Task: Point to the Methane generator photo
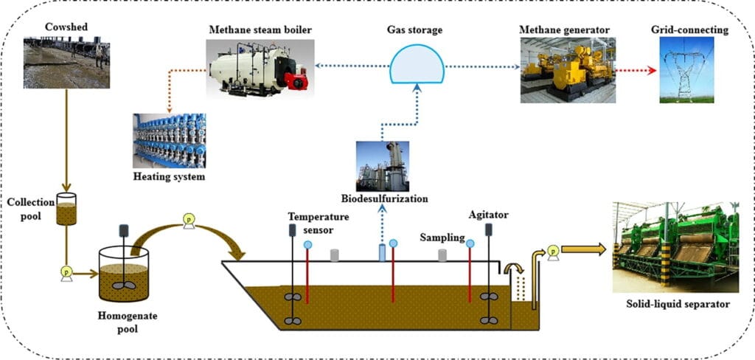(567, 69)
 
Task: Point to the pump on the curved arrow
(189, 219)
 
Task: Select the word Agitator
(488, 215)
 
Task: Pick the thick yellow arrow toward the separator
(585, 249)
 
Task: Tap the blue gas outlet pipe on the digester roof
(381, 253)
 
